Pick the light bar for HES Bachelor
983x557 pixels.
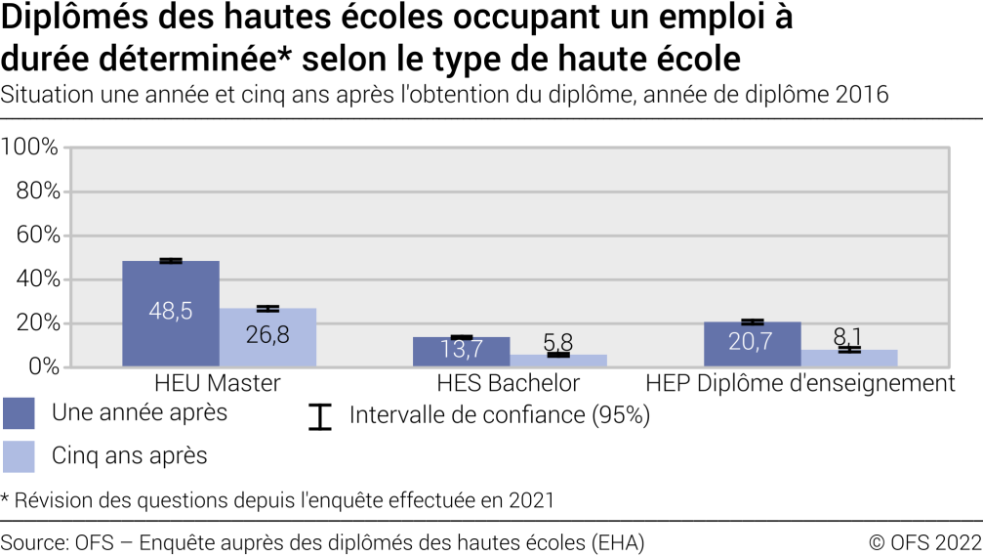coord(558,361)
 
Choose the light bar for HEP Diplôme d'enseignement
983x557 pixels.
coord(849,359)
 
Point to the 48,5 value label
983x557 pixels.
coord(171,311)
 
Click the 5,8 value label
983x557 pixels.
coord(558,342)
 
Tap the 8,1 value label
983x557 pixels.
coord(848,336)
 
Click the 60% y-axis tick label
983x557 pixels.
coord(37,236)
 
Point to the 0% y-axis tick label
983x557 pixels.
coord(43,367)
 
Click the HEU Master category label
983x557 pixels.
coord(218,382)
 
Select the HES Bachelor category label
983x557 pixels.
coord(509,382)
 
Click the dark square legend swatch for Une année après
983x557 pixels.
coord(19,413)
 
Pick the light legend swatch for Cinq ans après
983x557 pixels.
coord(19,455)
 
